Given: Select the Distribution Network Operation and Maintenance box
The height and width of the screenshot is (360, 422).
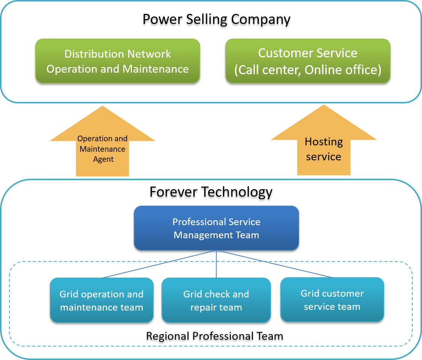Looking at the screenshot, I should pos(117,61).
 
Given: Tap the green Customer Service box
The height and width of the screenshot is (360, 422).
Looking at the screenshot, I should pos(308,61).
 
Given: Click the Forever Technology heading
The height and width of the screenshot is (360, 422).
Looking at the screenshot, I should pos(211,192).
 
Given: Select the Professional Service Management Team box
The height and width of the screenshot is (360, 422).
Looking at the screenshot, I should pos(216,228).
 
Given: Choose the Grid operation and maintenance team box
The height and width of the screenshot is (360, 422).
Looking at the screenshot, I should pos(102,300).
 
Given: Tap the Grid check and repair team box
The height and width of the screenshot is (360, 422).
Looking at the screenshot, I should pos(216,300).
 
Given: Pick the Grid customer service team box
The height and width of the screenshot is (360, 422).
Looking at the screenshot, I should pos(332,300).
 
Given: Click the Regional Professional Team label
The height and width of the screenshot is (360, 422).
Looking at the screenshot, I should pos(214,336).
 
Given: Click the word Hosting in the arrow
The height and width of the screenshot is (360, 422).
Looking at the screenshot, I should pos(323,142).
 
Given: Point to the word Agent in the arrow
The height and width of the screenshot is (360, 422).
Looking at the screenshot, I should pos(103,159).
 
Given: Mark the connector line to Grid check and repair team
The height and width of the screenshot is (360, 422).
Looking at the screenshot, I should pos(216,264).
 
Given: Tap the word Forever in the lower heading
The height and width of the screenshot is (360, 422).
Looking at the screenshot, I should pos(174,192).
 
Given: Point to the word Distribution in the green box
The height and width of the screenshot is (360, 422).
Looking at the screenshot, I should pos(94,54).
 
